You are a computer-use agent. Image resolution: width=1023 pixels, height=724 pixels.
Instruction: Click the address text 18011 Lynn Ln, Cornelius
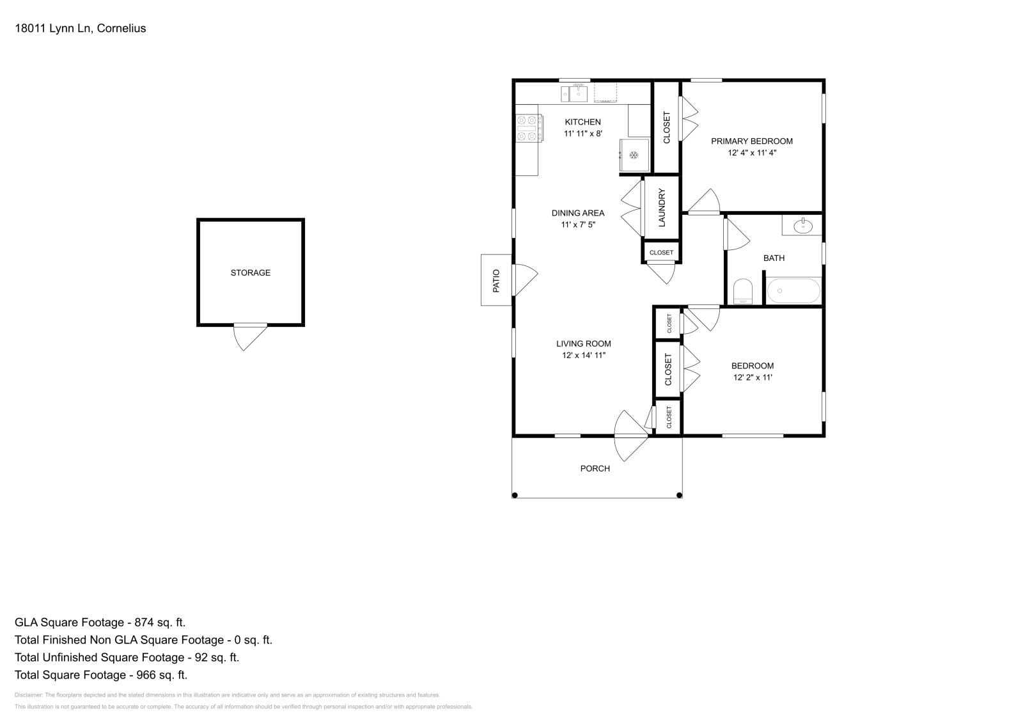tap(81, 28)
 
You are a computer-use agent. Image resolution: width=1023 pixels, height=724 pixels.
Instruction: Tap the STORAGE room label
tap(250, 272)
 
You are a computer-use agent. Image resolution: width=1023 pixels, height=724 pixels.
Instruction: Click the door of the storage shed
tap(250, 336)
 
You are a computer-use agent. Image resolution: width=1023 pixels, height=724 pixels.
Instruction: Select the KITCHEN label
tap(582, 122)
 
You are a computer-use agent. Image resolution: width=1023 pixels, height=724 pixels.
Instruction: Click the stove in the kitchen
tap(529, 128)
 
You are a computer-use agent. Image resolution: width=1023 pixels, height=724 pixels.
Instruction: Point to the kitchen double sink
tap(575, 94)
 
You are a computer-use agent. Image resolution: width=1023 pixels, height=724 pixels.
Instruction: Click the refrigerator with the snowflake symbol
tap(634, 155)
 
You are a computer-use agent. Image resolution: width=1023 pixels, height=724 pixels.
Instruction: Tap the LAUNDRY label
tap(662, 207)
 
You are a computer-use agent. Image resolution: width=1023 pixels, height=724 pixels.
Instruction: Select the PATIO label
tap(496, 280)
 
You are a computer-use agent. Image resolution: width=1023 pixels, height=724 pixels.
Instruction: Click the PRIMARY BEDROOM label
tap(752, 141)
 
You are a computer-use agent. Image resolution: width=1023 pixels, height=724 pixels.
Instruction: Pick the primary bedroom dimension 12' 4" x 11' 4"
tap(752, 153)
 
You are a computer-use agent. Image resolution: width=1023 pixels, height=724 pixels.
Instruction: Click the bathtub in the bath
tap(793, 291)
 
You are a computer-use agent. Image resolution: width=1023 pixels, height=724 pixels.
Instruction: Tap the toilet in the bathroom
tap(742, 292)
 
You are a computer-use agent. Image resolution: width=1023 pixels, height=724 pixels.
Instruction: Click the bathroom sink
tap(802, 225)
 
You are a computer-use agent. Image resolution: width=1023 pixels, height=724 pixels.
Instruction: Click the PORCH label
tap(595, 468)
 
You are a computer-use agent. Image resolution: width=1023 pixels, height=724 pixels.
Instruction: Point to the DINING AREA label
tap(578, 213)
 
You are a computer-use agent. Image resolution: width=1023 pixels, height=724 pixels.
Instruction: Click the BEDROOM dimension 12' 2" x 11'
tap(753, 377)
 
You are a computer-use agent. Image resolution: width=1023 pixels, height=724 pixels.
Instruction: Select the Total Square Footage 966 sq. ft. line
tap(101, 675)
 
